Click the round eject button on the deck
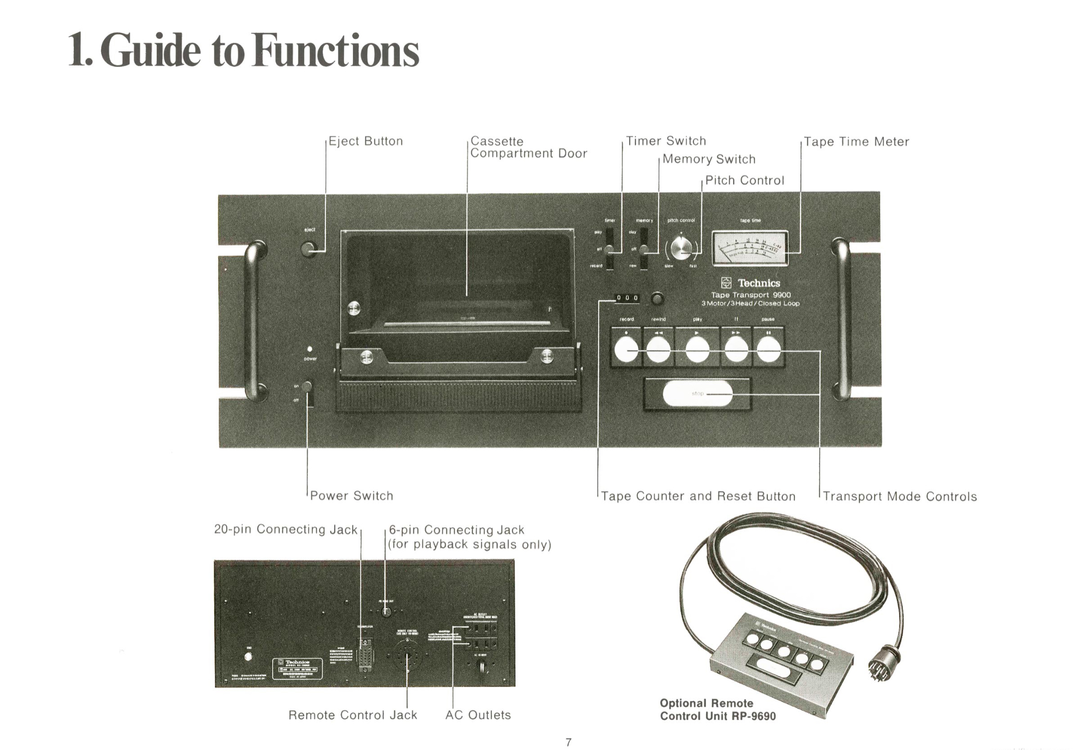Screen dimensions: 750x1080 coord(309,249)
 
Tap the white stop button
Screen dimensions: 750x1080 coord(697,393)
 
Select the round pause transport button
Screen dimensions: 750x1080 coord(768,350)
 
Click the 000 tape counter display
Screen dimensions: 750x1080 coord(627,299)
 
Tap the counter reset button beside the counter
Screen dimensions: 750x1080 coord(657,299)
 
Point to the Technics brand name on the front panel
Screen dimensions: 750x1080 coord(758,283)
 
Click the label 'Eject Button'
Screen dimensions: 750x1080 coord(365,141)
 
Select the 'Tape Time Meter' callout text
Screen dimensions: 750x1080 coord(856,142)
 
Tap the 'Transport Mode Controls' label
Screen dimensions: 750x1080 coord(900,496)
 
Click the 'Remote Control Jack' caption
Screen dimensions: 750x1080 coord(352,715)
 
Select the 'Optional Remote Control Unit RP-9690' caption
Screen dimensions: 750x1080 coord(717,710)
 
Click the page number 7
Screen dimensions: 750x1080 coord(568,742)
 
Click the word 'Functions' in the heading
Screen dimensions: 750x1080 coord(335,51)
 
